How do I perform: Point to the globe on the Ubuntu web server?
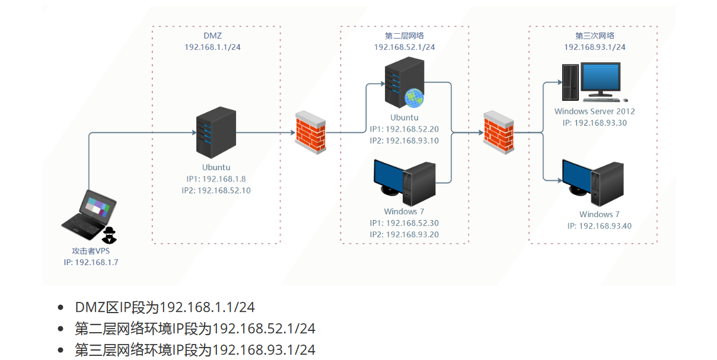click(x=415, y=98)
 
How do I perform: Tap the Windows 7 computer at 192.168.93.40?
click(x=593, y=181)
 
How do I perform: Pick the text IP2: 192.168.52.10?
click(x=216, y=190)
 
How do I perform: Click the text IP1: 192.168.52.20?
click(x=404, y=129)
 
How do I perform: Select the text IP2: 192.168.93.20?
click(x=404, y=234)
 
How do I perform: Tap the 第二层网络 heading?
click(x=404, y=36)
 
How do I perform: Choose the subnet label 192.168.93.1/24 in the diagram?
click(x=594, y=47)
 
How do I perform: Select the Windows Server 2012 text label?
click(x=594, y=111)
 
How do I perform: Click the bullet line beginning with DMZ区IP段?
click(x=164, y=307)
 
